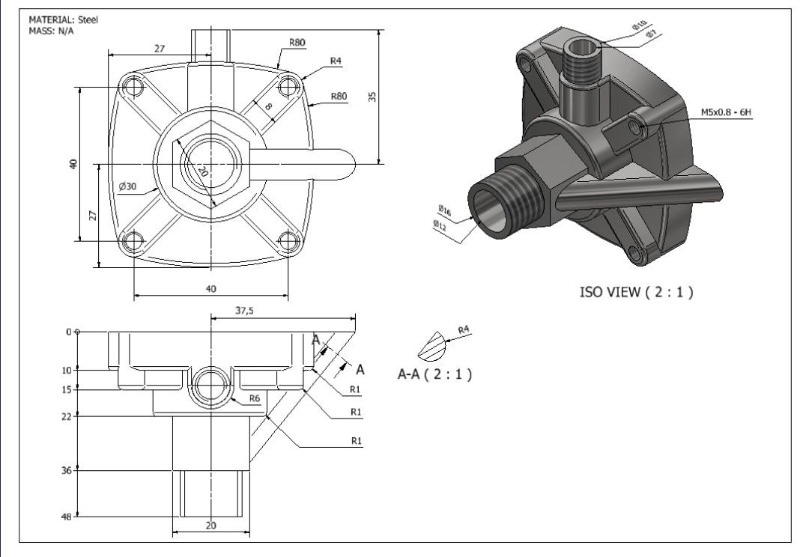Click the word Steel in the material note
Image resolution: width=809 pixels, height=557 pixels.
pyautogui.click(x=88, y=20)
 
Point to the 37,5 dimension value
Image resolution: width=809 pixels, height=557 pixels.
pyautogui.click(x=243, y=311)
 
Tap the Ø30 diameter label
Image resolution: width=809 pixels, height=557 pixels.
pyautogui.click(x=127, y=186)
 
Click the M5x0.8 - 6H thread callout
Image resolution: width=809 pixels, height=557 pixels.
pyautogui.click(x=726, y=112)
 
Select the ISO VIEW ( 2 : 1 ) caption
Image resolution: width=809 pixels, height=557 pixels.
pyautogui.click(x=636, y=292)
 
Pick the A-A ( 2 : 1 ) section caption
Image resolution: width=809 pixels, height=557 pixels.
pyautogui.click(x=434, y=374)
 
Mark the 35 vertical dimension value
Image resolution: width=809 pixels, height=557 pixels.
pyautogui.click(x=372, y=97)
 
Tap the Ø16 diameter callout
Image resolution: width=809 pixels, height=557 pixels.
pyautogui.click(x=444, y=210)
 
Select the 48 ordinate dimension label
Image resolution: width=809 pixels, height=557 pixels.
pyautogui.click(x=66, y=517)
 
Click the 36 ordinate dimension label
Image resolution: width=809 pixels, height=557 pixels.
pyautogui.click(x=66, y=470)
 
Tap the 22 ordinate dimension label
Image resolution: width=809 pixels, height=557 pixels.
pyautogui.click(x=66, y=416)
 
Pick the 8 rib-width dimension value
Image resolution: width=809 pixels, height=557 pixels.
pyautogui.click(x=268, y=108)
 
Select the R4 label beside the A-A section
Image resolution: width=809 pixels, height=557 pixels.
pyautogui.click(x=464, y=329)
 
